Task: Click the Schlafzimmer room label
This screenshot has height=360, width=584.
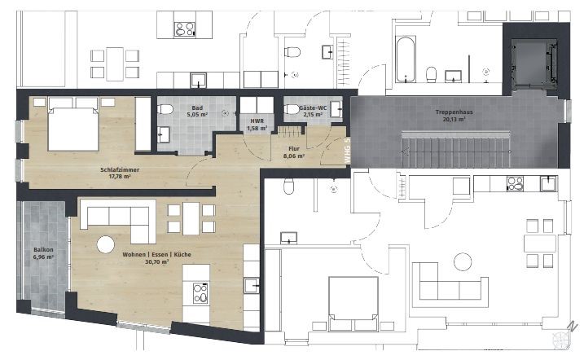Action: tap(120, 169)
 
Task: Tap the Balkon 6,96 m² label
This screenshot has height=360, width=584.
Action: tap(43, 253)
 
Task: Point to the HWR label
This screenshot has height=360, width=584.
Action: tap(257, 121)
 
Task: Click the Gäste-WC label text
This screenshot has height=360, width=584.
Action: tap(313, 108)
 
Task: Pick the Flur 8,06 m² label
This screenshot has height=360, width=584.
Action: tap(294, 152)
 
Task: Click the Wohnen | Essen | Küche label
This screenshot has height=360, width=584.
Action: tap(157, 255)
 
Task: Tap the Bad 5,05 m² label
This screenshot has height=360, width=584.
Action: tap(197, 112)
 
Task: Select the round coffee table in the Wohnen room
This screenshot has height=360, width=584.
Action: tap(105, 244)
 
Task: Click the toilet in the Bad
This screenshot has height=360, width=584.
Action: tap(165, 109)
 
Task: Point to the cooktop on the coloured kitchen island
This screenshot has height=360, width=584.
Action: tap(200, 293)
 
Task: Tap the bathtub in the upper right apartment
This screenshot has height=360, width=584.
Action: tap(406, 59)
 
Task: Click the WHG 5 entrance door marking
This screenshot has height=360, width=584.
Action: tap(347, 151)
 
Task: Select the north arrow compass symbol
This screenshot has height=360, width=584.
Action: tap(563, 336)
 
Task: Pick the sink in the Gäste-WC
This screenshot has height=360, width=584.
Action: tap(336, 109)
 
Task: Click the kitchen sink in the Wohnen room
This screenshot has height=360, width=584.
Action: tap(252, 286)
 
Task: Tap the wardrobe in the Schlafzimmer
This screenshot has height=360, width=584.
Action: tap(143, 124)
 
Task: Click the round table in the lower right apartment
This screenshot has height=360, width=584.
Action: tap(463, 261)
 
